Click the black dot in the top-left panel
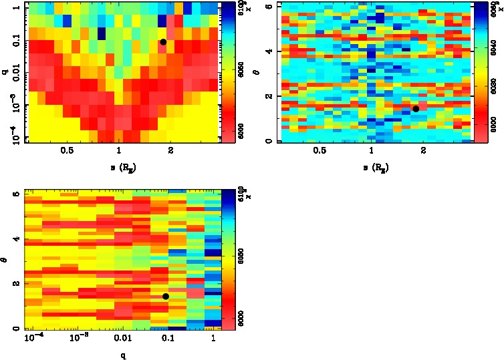tap(163, 42)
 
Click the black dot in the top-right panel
tap(416, 109)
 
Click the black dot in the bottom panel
tap(165, 297)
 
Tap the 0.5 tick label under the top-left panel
tap(67, 151)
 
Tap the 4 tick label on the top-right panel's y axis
tap(266, 51)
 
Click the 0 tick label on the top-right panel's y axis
tap(266, 141)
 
